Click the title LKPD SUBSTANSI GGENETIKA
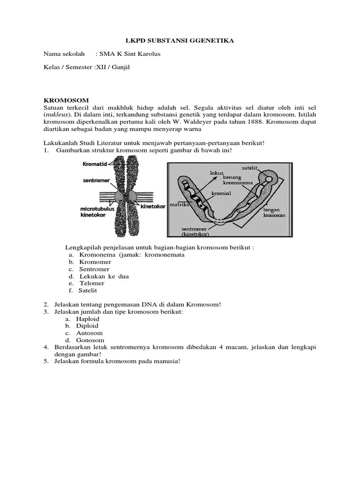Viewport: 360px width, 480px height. tap(180, 41)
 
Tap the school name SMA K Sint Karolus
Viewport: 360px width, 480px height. tap(130, 54)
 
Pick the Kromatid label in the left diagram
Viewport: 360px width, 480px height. tap(95, 164)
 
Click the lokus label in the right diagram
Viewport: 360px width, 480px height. tap(217, 172)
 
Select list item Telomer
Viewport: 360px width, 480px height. tap(91, 283)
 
